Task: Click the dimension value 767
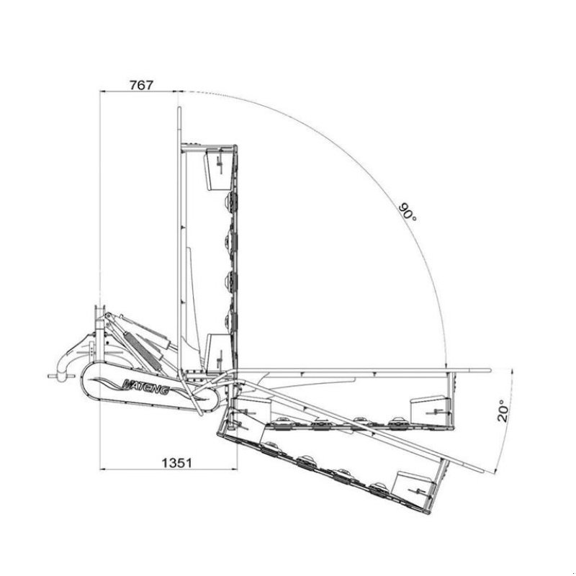coord(141,84)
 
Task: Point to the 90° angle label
coord(408,213)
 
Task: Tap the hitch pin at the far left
coord(51,376)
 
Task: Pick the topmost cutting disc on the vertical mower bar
coord(232,204)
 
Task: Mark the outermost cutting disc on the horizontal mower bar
coord(394,421)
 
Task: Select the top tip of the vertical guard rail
coord(178,108)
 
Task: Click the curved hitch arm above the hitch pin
coord(72,356)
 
